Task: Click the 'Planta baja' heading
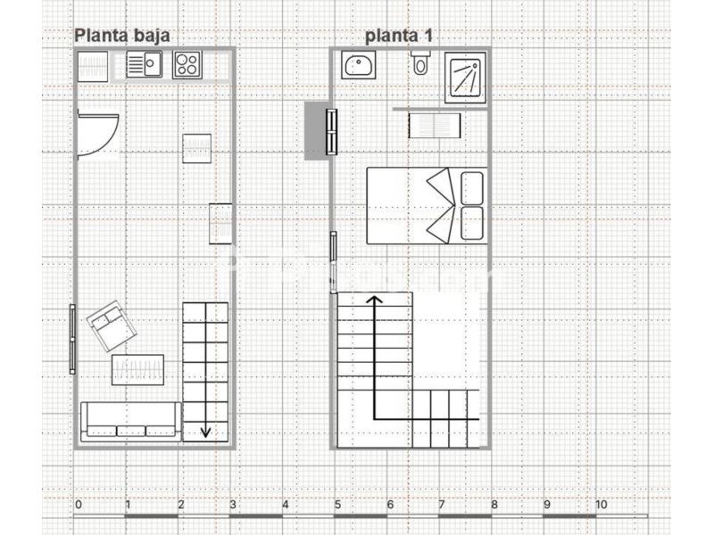point(122,36)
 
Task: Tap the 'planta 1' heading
point(398,36)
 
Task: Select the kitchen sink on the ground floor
point(144,64)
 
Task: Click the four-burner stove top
point(187,65)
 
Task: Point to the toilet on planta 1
point(420,62)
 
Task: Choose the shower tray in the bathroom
point(465,78)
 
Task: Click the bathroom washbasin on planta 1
point(359,64)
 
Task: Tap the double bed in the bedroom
point(427,206)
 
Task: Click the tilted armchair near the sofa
point(112,325)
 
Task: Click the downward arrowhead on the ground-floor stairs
point(205,432)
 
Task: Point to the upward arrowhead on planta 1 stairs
point(375,300)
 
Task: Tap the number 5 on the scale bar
point(337,505)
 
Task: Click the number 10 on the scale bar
point(601,505)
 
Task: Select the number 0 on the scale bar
point(79,505)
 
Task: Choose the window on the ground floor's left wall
point(72,340)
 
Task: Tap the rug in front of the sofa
point(138,370)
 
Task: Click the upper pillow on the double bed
point(472,188)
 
